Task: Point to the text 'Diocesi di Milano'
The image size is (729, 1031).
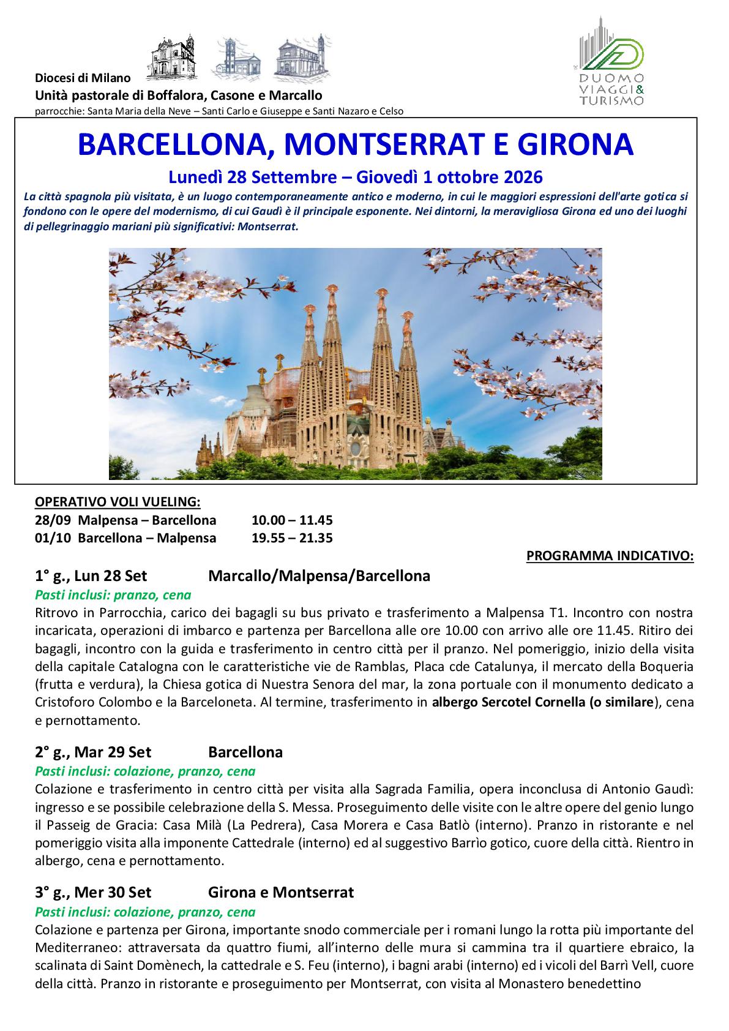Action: click(83, 78)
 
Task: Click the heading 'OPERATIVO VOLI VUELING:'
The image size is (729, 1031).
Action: click(118, 502)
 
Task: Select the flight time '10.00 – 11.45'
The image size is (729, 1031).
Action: click(292, 520)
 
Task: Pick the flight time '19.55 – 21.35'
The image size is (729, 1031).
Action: click(292, 538)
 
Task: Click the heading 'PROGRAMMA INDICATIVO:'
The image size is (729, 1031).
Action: click(610, 556)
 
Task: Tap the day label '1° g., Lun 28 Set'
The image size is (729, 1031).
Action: click(91, 576)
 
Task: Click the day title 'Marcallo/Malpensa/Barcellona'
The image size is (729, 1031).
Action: click(319, 576)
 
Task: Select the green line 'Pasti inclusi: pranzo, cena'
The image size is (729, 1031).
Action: click(113, 594)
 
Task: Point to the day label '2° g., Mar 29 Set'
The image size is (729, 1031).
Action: click(93, 752)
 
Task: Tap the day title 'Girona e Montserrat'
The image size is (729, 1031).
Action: click(281, 892)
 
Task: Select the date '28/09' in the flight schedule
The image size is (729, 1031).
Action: click(50, 520)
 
